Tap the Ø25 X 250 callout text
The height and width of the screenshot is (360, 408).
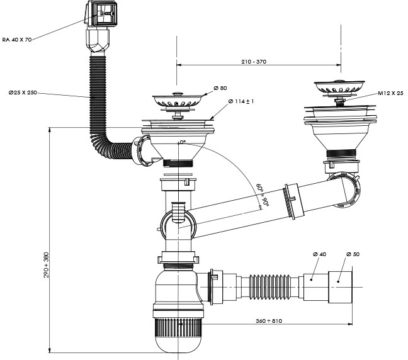(23, 93)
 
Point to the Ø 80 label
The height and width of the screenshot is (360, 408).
(220, 87)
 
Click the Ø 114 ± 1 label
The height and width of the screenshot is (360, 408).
(239, 101)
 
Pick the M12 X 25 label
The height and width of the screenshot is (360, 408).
(390, 93)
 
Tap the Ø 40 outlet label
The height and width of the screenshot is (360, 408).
(319, 254)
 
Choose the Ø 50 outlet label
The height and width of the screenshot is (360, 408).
(352, 254)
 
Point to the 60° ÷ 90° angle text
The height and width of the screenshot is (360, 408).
(262, 194)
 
